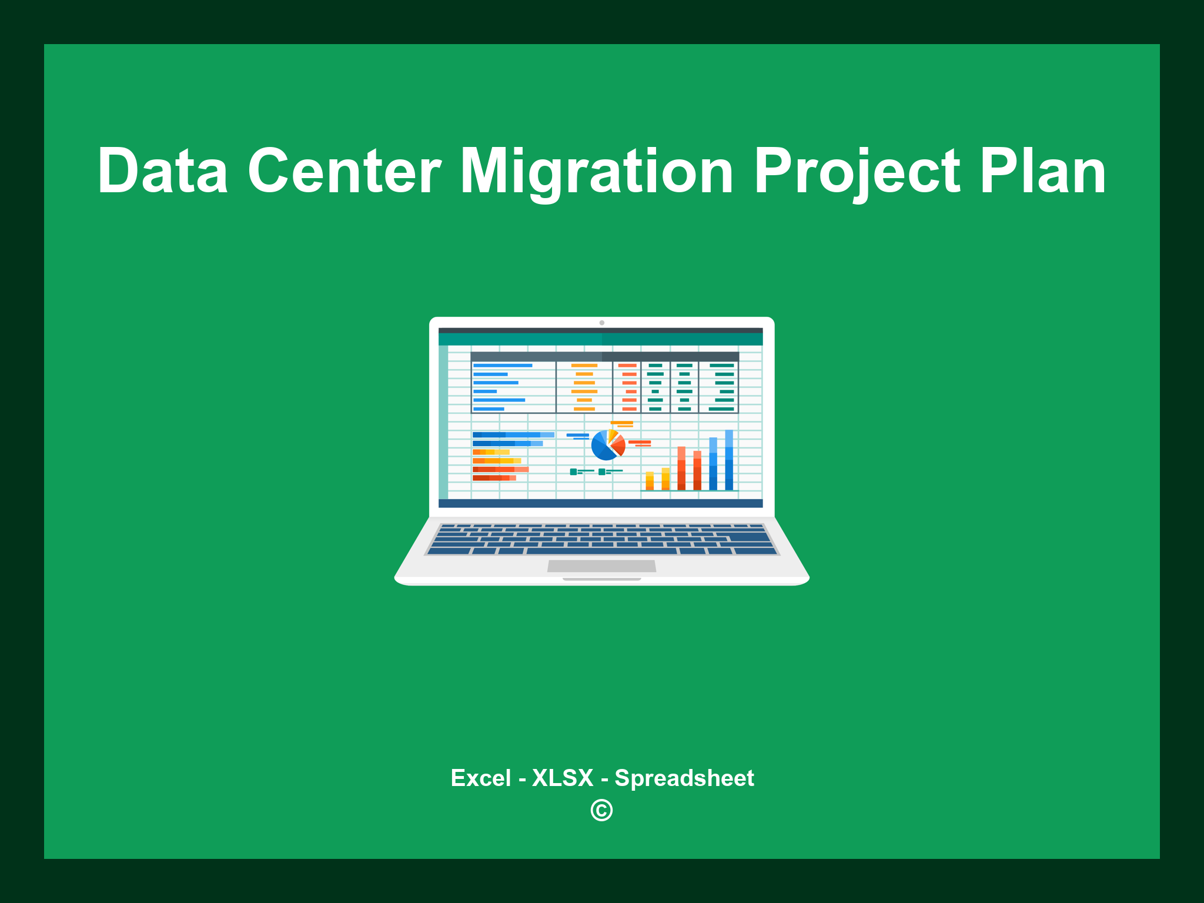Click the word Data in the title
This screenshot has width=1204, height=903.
click(x=163, y=171)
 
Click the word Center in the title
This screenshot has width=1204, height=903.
click(x=345, y=171)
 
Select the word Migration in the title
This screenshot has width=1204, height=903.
click(x=596, y=171)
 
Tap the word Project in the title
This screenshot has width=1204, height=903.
click(x=857, y=171)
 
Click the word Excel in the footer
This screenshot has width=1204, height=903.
click(x=480, y=778)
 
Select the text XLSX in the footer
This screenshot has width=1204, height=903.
click(x=563, y=778)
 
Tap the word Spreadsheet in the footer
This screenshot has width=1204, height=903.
click(x=684, y=778)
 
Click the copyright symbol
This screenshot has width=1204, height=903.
click(x=601, y=810)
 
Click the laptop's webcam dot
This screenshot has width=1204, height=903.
click(x=601, y=323)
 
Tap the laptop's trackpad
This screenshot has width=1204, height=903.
click(x=601, y=566)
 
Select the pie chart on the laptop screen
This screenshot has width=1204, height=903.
click(x=607, y=446)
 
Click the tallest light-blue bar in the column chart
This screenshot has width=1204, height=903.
click(x=729, y=460)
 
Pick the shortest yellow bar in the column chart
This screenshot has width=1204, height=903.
click(x=650, y=480)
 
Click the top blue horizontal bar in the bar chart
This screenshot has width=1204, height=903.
click(x=513, y=435)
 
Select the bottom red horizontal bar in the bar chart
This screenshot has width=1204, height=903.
click(x=494, y=478)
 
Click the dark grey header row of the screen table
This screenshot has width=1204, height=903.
click(x=604, y=356)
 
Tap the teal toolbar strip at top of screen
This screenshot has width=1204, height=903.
click(x=600, y=339)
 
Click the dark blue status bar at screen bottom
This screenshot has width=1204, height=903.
click(x=600, y=503)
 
